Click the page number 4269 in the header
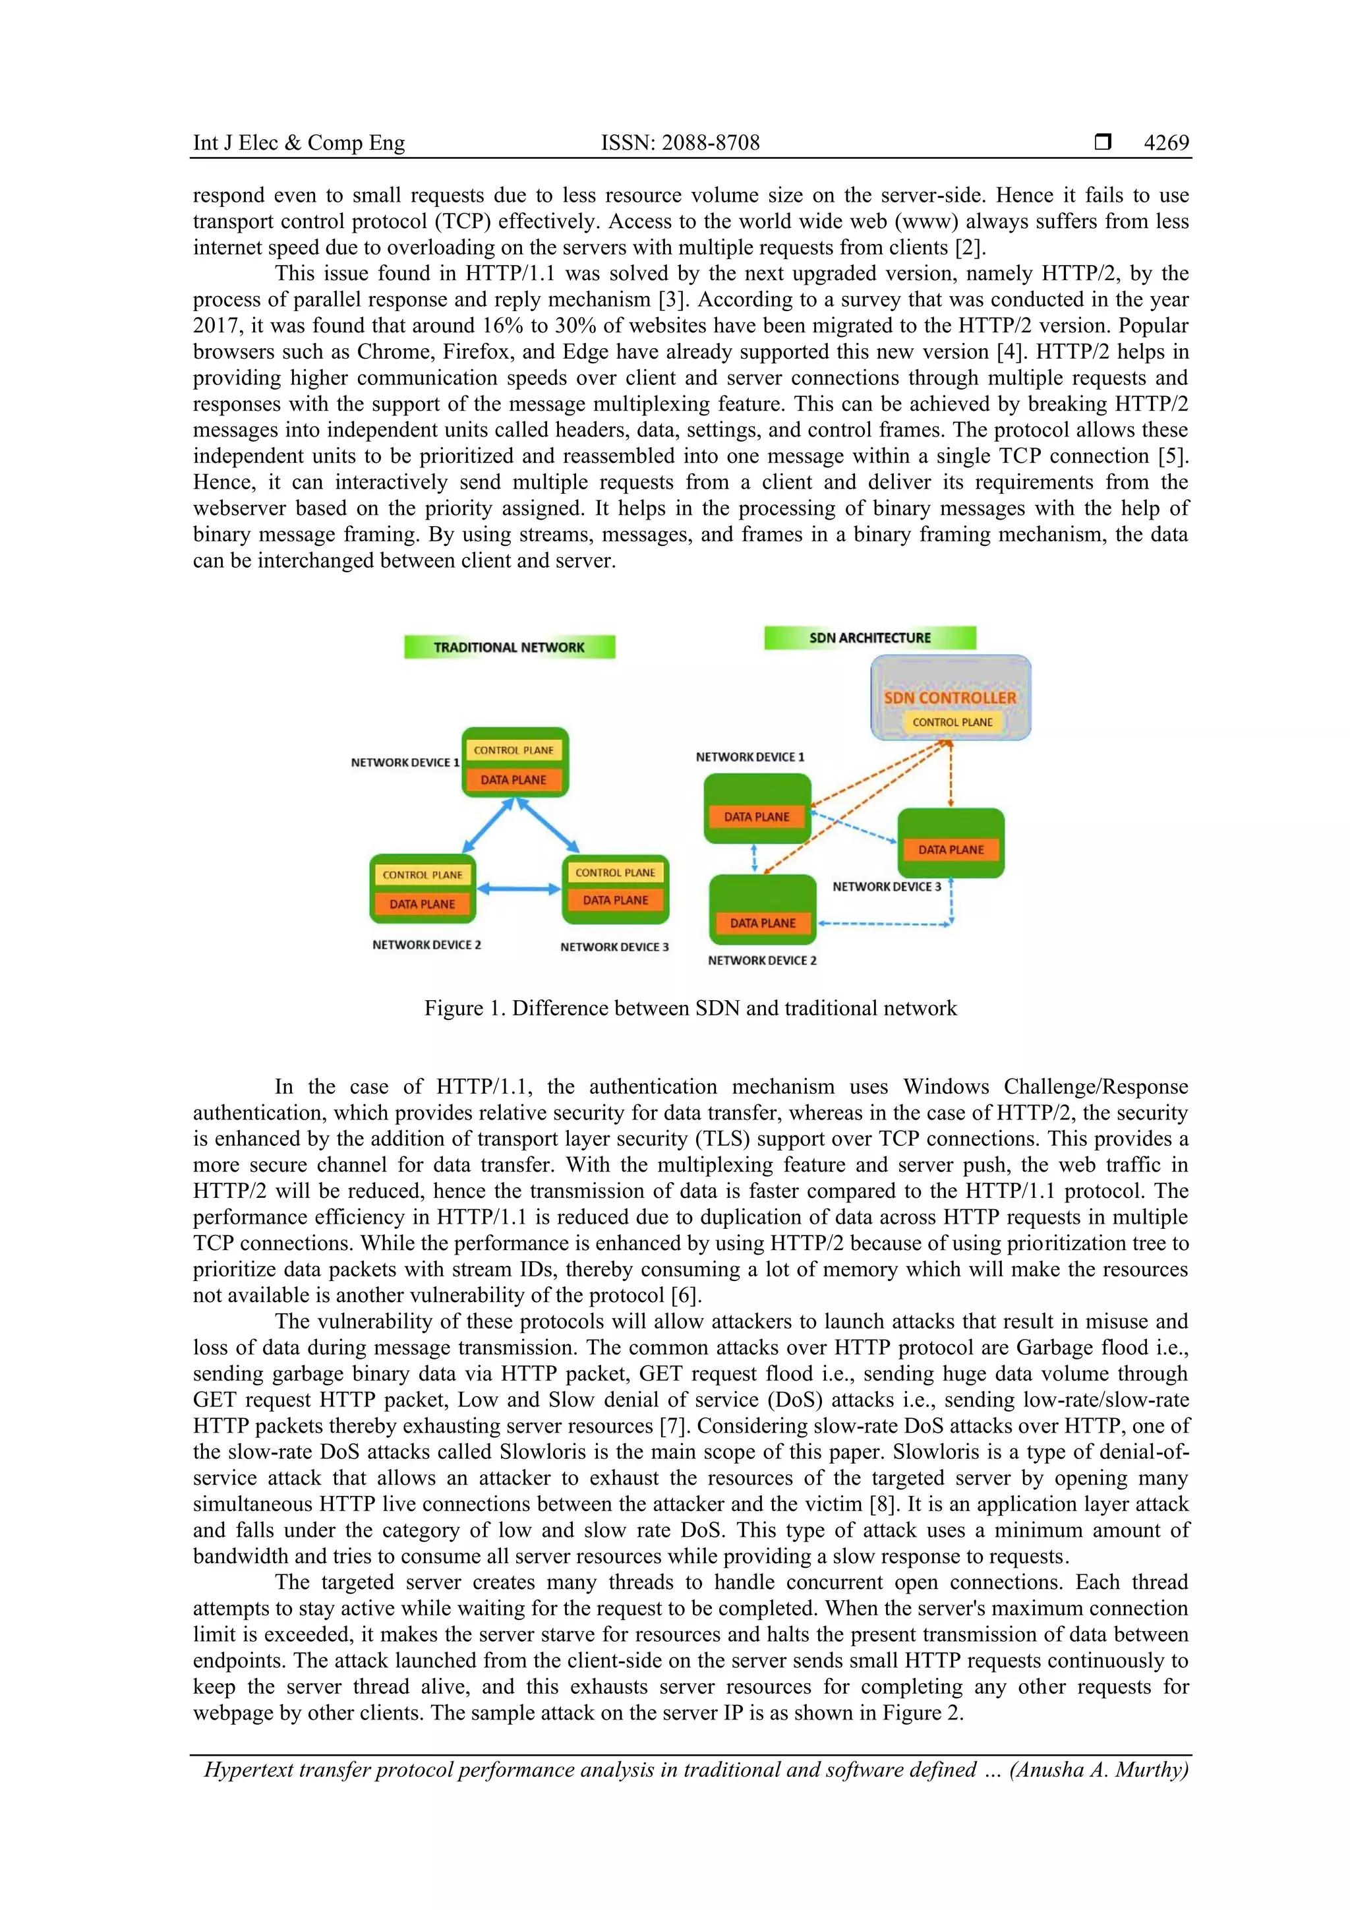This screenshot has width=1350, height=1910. [1165, 143]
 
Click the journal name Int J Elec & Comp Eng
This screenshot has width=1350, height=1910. [299, 143]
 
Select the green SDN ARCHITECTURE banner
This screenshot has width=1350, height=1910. [869, 638]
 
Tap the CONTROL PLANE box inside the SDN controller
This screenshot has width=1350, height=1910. [953, 722]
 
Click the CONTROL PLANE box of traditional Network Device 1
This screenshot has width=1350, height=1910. [514, 750]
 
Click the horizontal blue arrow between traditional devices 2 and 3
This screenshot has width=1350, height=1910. [519, 889]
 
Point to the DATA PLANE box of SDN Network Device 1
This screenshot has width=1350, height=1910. [756, 817]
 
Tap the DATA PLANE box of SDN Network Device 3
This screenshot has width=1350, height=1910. [951, 849]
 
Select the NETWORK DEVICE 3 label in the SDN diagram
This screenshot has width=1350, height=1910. [887, 887]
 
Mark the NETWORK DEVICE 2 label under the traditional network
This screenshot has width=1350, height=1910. [426, 945]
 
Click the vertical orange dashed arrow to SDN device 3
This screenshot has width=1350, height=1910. [951, 773]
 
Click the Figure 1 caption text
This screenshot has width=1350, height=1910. [690, 1008]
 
